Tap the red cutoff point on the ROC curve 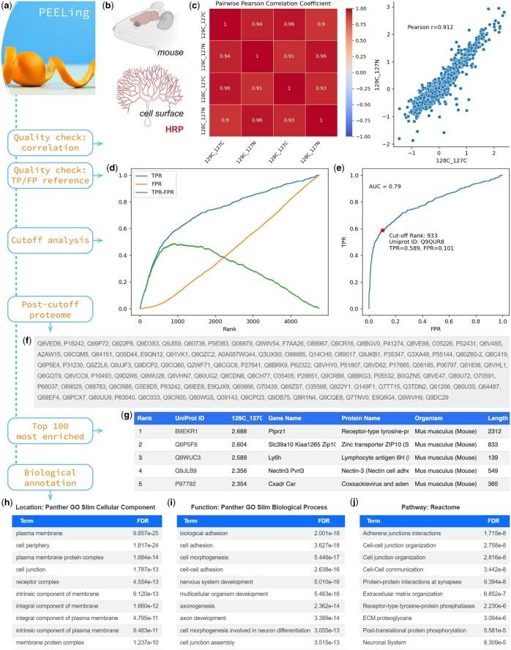(382, 230)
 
